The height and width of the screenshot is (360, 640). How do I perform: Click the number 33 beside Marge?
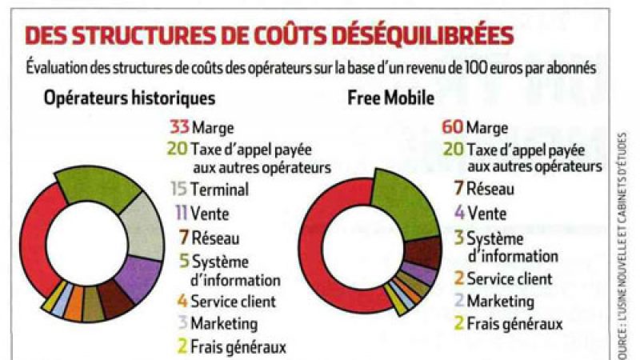178,127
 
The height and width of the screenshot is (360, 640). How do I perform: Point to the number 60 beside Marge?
452,127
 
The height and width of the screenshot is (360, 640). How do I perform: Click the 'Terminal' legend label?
219,190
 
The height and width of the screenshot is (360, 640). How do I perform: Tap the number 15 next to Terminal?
179,190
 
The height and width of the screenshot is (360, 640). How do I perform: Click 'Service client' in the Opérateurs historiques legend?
233,302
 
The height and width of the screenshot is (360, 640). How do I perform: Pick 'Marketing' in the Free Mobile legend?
500,302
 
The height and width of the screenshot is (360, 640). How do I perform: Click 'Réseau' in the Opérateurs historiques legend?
215,238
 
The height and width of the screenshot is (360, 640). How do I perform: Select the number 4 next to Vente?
459,213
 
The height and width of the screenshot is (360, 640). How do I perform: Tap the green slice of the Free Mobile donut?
405,196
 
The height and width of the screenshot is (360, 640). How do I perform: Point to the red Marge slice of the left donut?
36,240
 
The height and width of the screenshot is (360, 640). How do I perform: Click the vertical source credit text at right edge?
622,240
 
